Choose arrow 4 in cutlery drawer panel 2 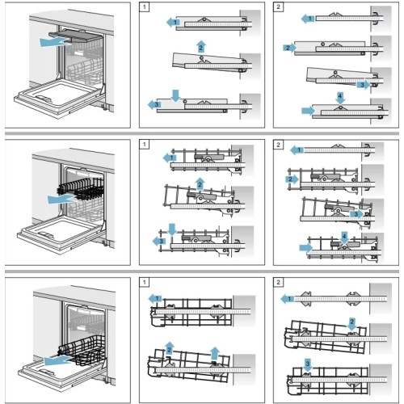pyautogui.click(x=339, y=96)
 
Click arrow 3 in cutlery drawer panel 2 pyautogui.click(x=362, y=84)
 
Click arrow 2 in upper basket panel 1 pyautogui.click(x=198, y=185)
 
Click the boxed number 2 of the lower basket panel pyautogui.click(x=279, y=283)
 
